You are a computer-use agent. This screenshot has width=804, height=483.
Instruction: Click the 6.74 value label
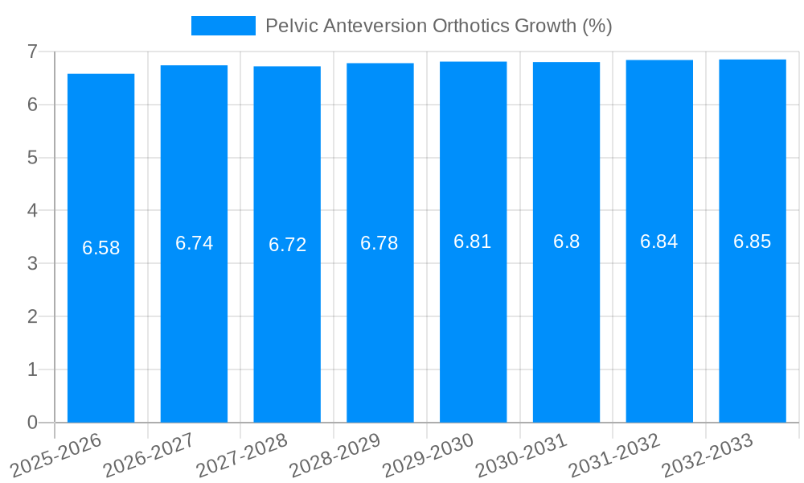coord(194,243)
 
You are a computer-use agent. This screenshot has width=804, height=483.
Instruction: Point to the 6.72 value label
coord(287,245)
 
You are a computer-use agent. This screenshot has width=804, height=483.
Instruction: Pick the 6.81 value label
coord(473,242)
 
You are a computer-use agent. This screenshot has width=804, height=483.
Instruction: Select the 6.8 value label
coord(566,242)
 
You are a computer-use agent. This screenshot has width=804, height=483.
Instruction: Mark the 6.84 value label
coord(659,242)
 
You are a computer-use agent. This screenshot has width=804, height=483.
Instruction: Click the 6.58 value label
coord(100,248)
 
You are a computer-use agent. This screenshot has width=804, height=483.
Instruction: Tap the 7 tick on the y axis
coord(32,52)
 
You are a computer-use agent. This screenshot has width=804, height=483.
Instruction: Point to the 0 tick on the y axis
coord(32,423)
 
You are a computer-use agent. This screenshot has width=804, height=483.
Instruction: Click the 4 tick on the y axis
coord(32,211)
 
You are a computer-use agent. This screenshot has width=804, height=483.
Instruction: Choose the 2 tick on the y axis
coord(32,316)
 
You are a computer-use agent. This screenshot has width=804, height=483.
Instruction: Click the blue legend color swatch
coord(223,26)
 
